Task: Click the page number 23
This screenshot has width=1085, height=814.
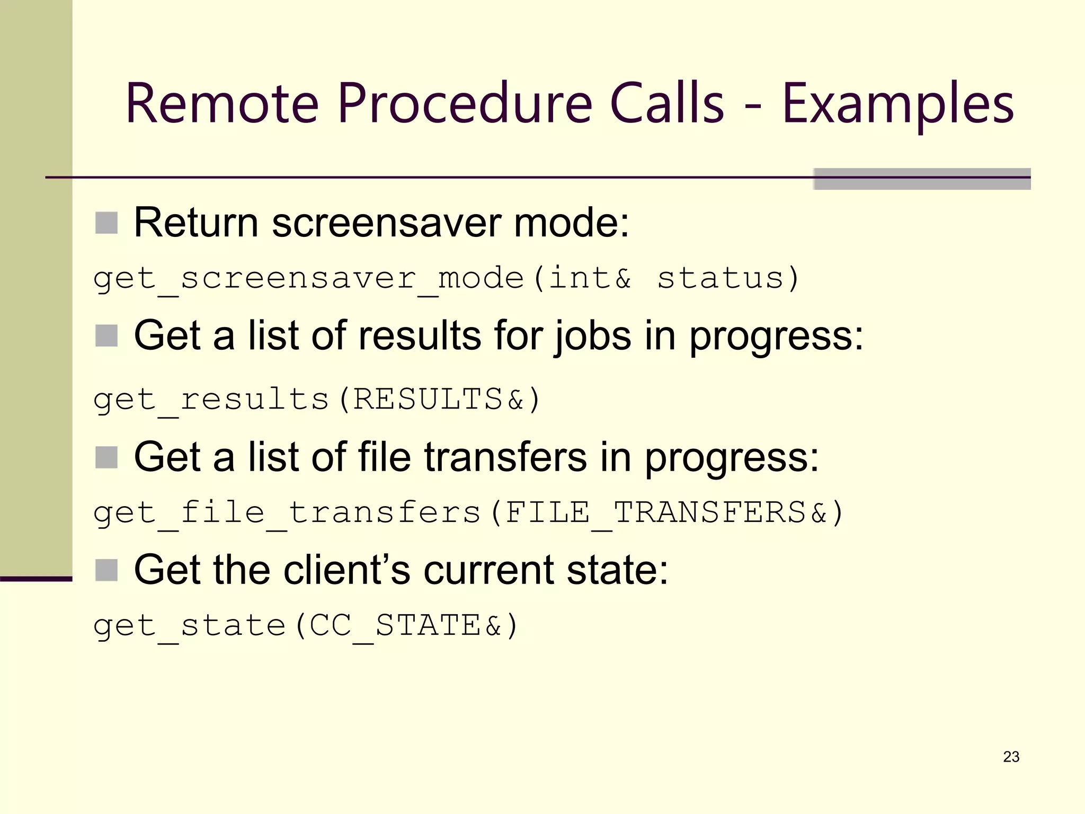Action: [1011, 757]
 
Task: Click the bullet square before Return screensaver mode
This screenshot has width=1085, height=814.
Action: [106, 223]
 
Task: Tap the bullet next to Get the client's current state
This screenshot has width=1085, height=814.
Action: [106, 570]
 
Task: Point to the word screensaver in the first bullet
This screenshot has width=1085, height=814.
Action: [386, 223]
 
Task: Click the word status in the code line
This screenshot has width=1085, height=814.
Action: [721, 278]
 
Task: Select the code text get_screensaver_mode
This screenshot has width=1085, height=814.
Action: [308, 279]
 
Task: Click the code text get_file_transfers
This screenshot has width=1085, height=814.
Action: [287, 513]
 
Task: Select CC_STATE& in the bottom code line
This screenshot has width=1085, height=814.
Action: [405, 625]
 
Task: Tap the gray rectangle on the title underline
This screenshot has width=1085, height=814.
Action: [922, 179]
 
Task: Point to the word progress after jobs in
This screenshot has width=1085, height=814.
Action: [776, 337]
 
